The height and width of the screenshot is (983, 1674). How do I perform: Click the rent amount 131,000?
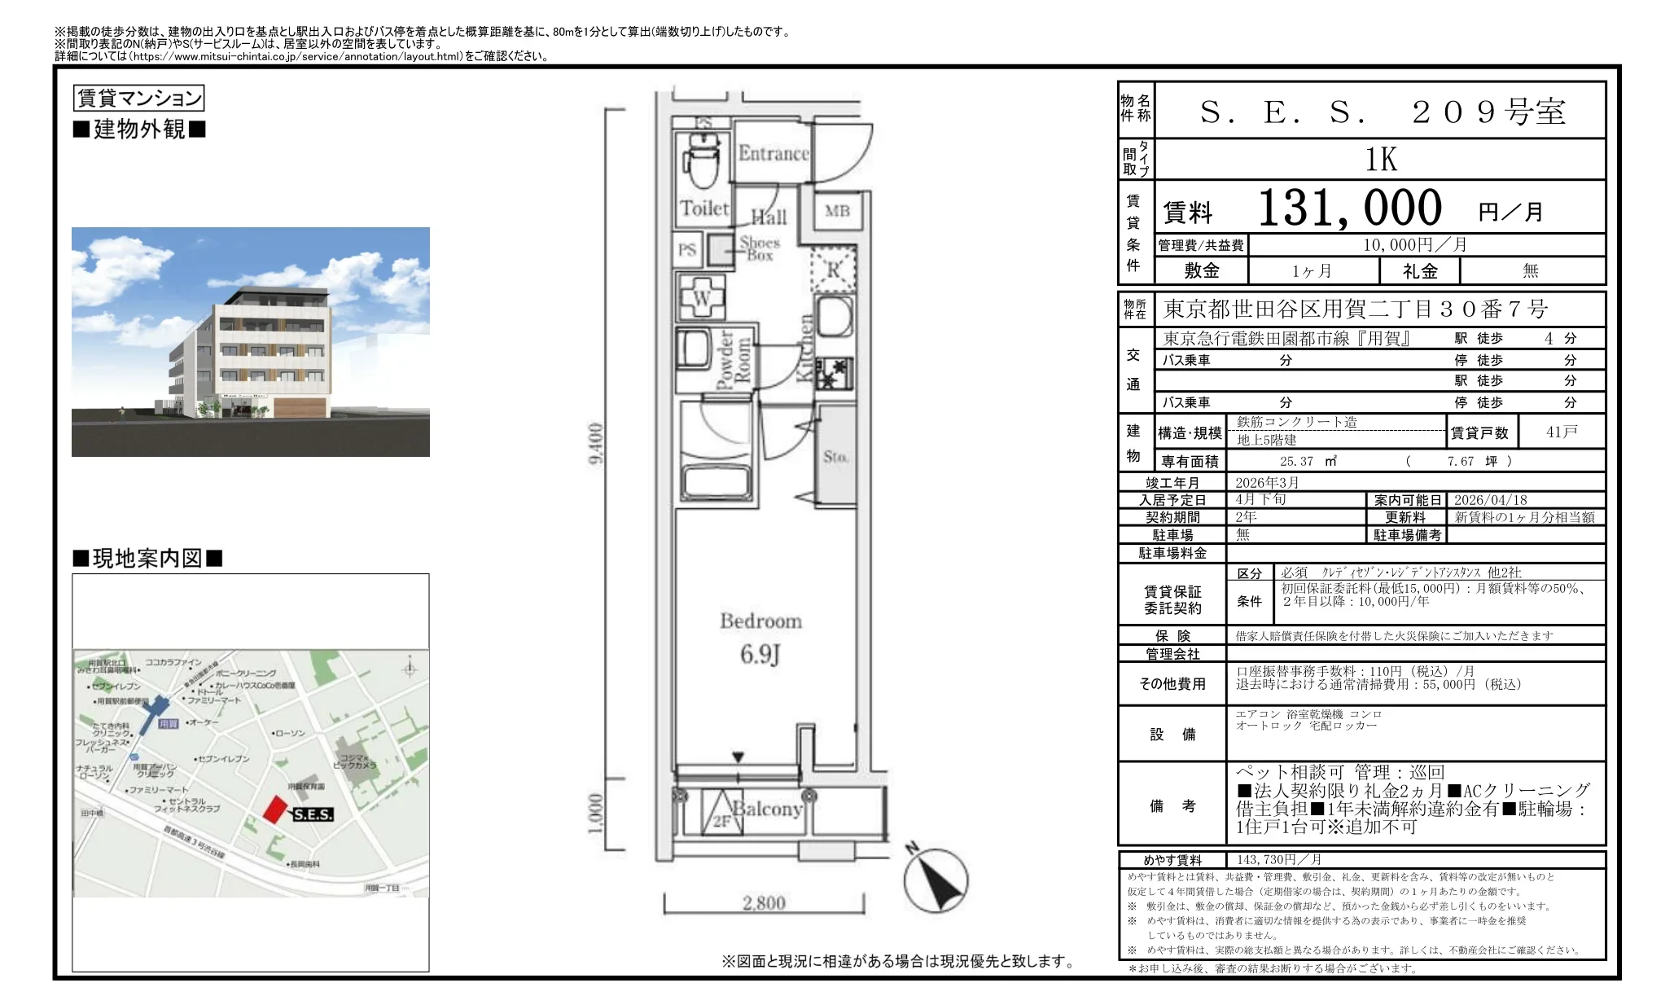tap(1349, 208)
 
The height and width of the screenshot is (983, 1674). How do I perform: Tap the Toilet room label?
tap(704, 208)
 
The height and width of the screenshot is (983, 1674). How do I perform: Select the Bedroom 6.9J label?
tap(760, 638)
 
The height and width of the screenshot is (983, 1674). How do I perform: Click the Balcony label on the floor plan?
tap(767, 809)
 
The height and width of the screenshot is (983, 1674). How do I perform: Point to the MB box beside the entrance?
tap(837, 212)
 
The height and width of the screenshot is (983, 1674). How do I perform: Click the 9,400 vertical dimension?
tap(596, 444)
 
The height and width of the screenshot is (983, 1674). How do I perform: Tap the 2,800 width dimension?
tap(764, 902)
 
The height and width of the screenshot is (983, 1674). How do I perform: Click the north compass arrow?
tap(936, 881)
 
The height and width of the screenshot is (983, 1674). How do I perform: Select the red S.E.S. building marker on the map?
tap(276, 809)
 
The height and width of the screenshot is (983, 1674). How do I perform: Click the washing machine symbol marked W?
tap(701, 298)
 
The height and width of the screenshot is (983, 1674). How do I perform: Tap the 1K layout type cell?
tap(1380, 160)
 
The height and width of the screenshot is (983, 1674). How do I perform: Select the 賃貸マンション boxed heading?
tap(138, 99)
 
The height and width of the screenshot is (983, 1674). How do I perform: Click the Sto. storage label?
tap(835, 457)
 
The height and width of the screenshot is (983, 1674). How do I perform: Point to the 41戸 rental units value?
tap(1561, 432)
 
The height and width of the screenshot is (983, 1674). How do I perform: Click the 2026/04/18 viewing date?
tap(1490, 500)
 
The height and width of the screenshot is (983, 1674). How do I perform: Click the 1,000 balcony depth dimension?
tap(596, 814)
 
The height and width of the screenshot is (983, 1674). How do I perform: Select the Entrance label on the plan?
tap(773, 154)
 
